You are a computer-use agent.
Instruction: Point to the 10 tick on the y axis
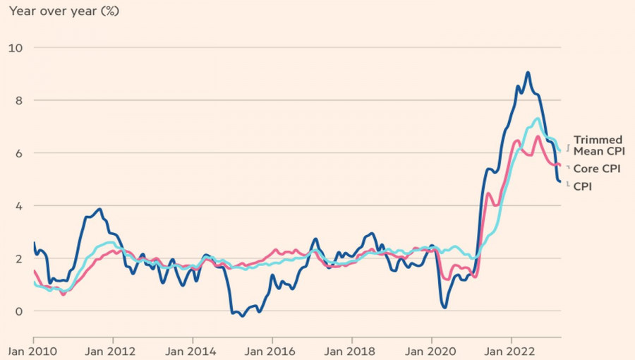15,47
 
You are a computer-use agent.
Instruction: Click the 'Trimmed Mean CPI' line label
598,145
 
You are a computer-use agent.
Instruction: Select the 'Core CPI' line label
597,169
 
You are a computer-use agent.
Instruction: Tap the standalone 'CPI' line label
582,186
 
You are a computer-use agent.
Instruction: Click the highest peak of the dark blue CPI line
528,72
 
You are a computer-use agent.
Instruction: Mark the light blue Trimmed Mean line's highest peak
538,119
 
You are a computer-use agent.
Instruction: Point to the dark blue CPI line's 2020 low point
445,307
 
